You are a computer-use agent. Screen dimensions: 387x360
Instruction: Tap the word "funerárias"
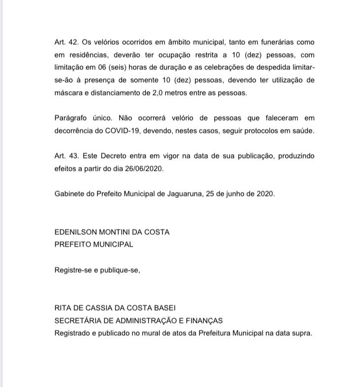pos(264,42)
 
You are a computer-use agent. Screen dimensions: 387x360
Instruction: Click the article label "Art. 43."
pos(66,156)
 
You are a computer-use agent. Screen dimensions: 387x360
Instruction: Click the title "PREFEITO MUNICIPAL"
pos(94,244)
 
